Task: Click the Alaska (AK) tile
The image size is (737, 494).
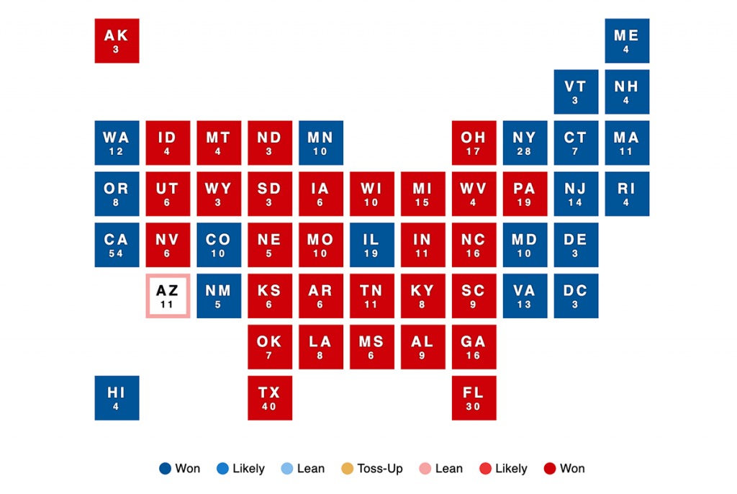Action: coord(117,41)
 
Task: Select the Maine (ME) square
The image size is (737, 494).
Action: coord(626,41)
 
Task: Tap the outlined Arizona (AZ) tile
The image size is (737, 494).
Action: coord(168,296)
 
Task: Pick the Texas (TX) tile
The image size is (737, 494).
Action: coord(270,398)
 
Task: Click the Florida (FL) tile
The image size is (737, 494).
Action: coord(474,398)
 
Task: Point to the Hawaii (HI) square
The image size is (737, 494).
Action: coord(117,398)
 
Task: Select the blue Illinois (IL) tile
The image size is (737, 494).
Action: coord(372,245)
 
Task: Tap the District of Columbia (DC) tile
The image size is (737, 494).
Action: coord(576,296)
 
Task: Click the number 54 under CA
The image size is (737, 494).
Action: coord(116,253)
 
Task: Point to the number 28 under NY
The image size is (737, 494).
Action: coord(525,152)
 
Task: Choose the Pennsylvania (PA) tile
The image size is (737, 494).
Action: coord(525,194)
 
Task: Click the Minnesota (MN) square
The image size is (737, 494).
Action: coord(321,143)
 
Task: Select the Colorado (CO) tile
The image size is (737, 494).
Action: coord(219,245)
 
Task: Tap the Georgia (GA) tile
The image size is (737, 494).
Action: coord(474,347)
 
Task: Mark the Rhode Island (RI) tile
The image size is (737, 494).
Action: coord(626,194)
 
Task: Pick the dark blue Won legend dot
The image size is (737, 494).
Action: coord(165,469)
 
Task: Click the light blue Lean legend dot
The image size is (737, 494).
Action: coord(286,469)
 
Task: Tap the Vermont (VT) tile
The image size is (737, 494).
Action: coord(576,91)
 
